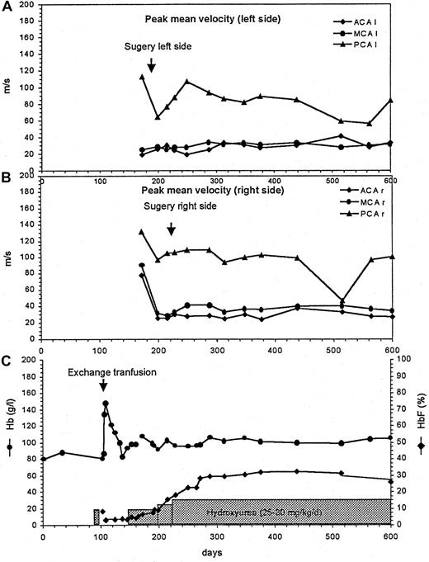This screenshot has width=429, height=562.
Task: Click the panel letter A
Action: (x=7, y=8)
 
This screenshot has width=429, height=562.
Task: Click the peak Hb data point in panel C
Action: (x=106, y=404)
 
